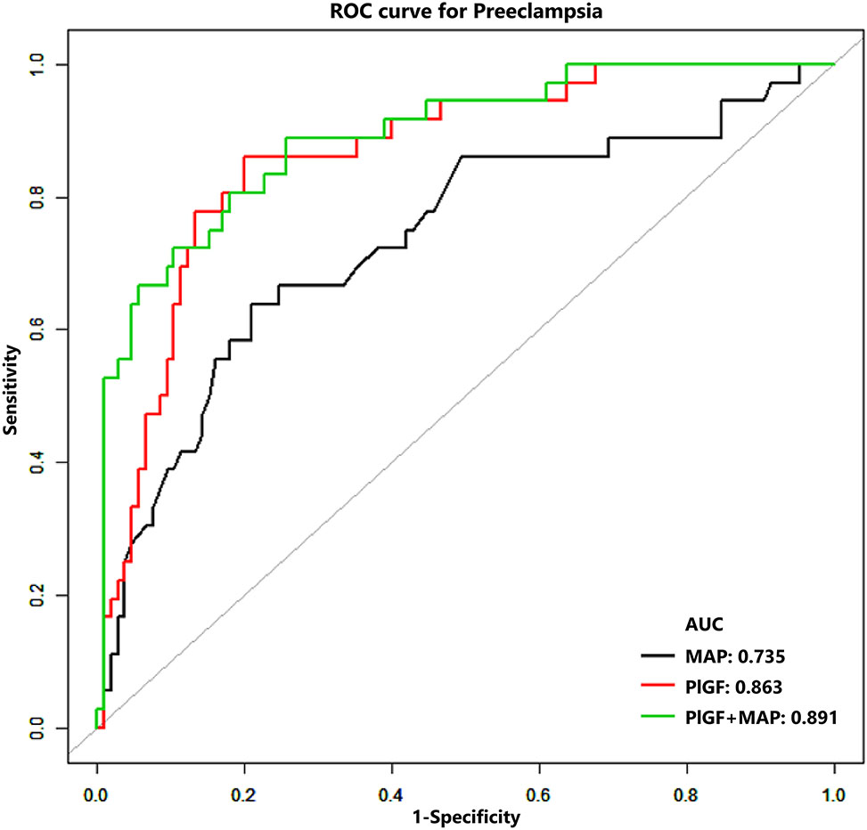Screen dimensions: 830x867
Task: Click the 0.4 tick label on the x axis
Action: click(391, 788)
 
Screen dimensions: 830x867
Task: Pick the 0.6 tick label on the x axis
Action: click(539, 788)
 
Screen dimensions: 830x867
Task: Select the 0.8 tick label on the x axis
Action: click(686, 788)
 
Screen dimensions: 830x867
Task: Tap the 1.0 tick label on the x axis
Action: click(833, 788)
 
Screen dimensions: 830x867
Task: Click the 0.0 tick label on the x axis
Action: click(97, 788)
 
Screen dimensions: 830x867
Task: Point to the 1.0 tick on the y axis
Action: click(41, 65)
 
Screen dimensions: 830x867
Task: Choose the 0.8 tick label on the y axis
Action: click(41, 198)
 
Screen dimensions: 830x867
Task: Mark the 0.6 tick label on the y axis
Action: click(41, 330)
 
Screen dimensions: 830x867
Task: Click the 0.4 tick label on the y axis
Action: click(41, 463)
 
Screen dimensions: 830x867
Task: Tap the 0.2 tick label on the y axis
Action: click(41, 596)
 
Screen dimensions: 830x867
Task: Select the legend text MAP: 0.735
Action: click(733, 658)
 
